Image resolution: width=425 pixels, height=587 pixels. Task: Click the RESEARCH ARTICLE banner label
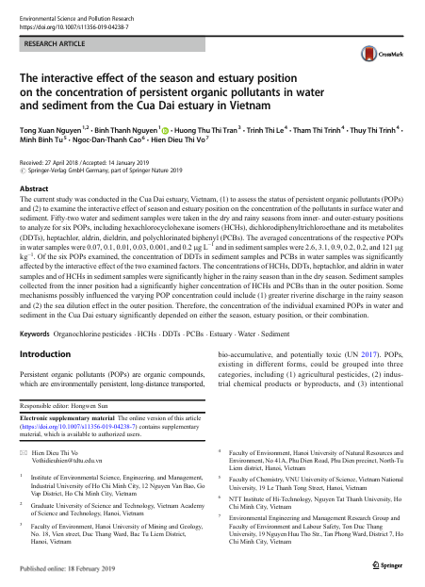tap(54, 42)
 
